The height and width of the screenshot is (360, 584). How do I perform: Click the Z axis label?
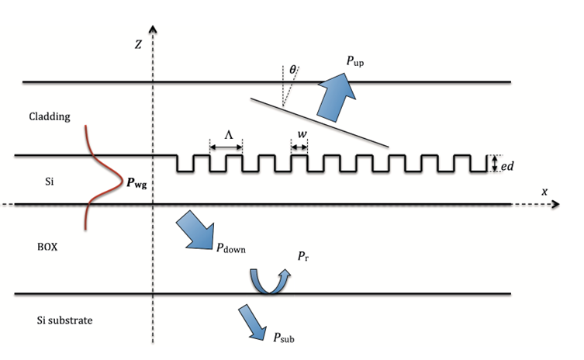[x=137, y=46]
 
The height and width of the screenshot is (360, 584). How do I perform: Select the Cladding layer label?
[x=50, y=117]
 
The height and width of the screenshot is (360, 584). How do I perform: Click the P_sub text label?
[x=283, y=337]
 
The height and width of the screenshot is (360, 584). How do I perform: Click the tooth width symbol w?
[x=301, y=133]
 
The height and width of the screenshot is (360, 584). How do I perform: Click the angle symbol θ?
[x=292, y=70]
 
